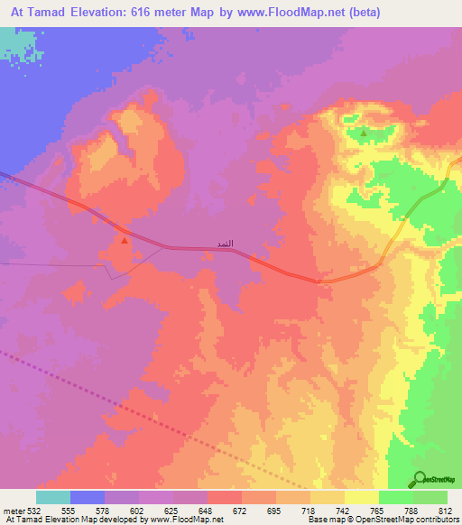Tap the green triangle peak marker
[364, 134]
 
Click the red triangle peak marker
[124, 239]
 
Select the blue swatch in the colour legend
[87, 498]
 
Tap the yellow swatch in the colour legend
[361, 498]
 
